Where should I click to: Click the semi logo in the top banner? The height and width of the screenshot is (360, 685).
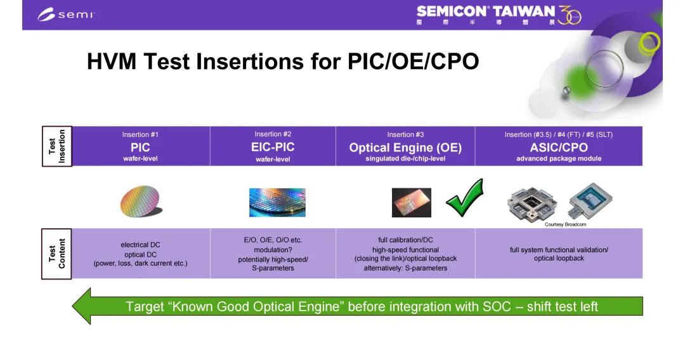point(66,15)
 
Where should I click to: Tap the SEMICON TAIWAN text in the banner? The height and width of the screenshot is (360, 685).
point(485,11)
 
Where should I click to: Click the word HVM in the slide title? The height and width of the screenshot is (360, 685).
point(112,61)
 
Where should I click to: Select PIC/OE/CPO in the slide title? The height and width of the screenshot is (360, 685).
point(413,61)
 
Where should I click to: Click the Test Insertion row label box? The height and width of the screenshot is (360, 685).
point(57,146)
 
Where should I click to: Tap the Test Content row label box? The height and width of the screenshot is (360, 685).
point(57,254)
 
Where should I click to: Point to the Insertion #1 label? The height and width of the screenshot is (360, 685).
point(140,135)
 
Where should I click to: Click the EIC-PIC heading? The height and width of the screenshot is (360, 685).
point(273,147)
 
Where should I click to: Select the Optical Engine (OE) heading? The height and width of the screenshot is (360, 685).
point(405,148)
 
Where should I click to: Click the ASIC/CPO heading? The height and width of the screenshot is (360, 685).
point(559,148)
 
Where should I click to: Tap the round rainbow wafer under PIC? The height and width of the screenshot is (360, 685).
point(141,201)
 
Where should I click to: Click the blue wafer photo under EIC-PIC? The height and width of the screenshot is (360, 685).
point(277,202)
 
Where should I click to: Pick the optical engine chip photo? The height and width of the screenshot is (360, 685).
point(412,202)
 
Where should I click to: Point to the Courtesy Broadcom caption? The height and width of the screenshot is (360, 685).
point(565,224)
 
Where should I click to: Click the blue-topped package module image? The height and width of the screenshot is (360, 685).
point(590,200)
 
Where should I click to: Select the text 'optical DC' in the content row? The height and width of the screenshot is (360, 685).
point(140,254)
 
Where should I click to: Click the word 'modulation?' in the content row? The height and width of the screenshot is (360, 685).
point(273,250)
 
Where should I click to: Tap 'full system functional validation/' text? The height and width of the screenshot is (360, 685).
point(559,250)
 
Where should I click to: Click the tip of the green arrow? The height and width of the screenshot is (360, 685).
point(72,306)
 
